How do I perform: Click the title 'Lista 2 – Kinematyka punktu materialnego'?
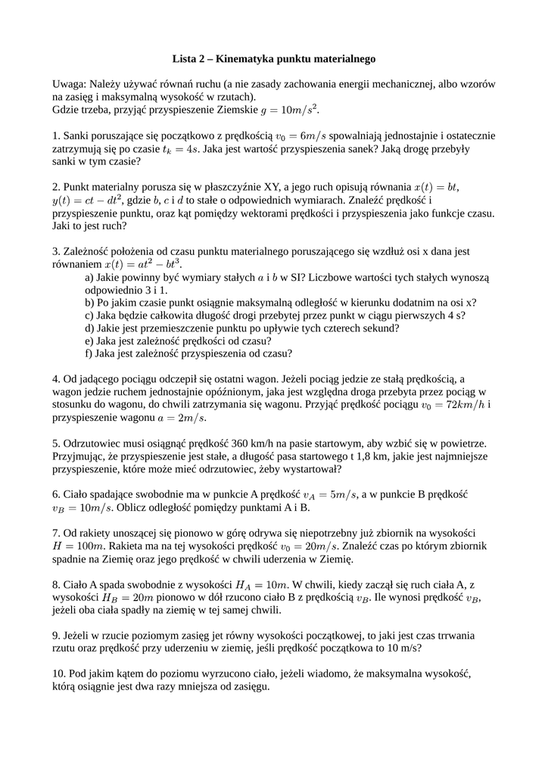pyautogui.click(x=274, y=58)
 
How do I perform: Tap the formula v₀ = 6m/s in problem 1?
pyautogui.click(x=301, y=135)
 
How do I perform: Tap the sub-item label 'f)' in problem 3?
pyautogui.click(x=89, y=353)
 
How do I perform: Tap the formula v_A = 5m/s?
pyautogui.click(x=328, y=495)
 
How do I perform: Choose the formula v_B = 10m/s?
pyautogui.click(x=84, y=508)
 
